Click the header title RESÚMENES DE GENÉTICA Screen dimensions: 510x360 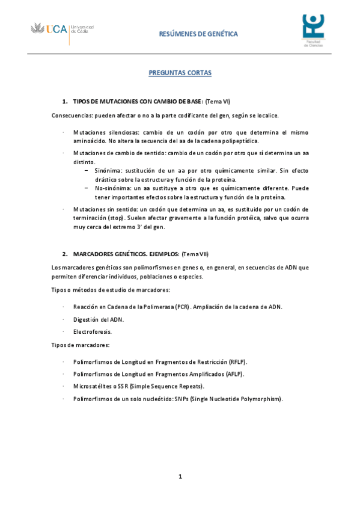pos(198,34)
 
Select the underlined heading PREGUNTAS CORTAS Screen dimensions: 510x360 pos(180,73)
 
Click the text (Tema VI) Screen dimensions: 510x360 pos(218,103)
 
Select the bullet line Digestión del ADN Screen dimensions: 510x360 pos(99,319)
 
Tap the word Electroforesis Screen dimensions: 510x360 pos(93,331)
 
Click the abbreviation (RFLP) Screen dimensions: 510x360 pos(238,362)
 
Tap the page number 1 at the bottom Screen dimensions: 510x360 pos(180,477)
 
